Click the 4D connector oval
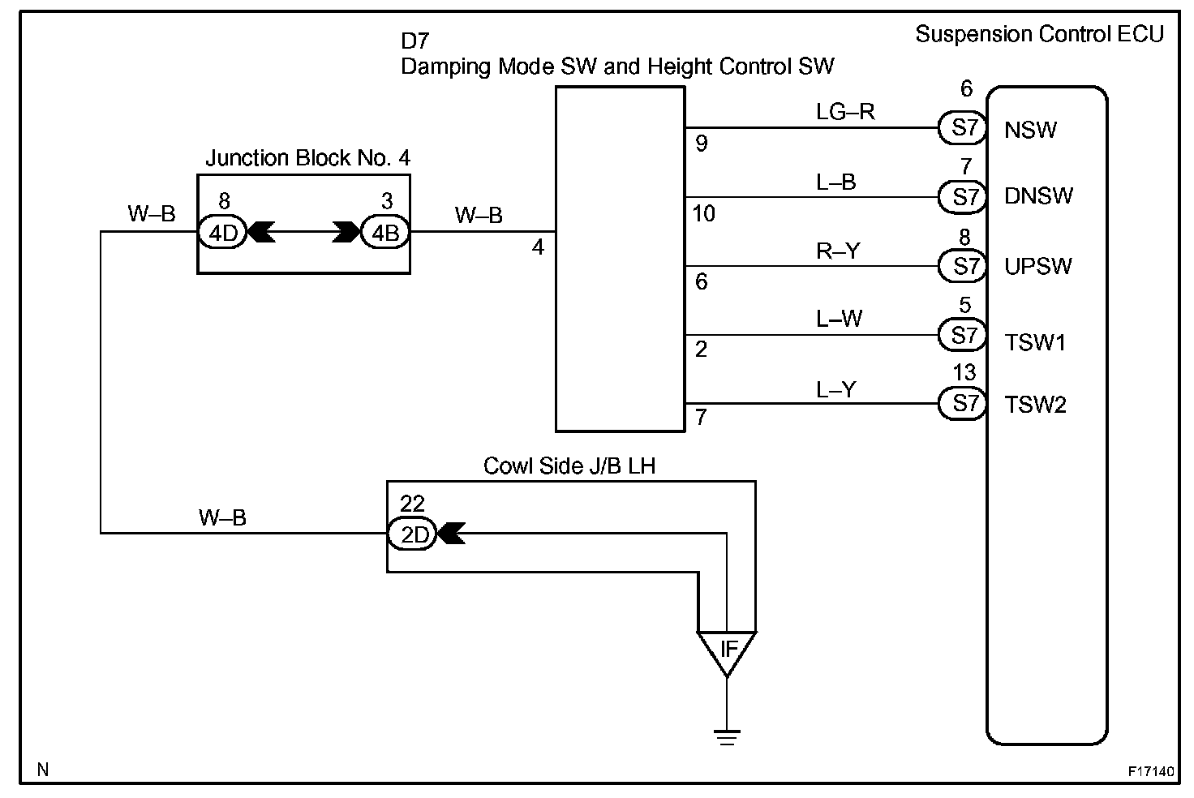223,233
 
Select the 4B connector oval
385,233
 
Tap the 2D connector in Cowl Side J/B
412,533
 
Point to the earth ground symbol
727,737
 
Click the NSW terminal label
1030,130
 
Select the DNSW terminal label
1037,196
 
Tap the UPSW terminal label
1037,266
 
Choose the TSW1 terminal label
1035,343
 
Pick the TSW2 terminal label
1035,405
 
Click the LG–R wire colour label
845,112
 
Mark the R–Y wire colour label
838,251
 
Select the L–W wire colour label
839,319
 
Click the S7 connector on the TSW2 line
963,404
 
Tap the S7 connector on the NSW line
963,128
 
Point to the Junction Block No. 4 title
308,158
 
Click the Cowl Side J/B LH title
569,466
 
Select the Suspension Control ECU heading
1039,34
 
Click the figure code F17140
1151,771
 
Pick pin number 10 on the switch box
703,214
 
